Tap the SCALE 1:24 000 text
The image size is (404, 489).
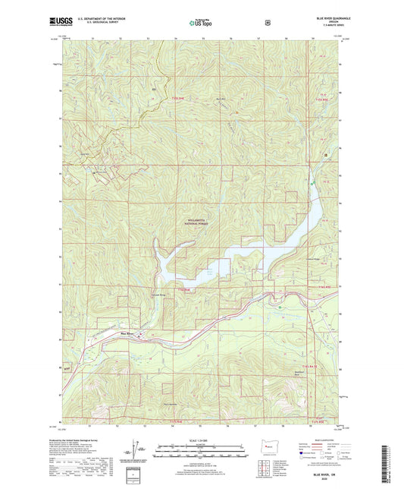(x=201, y=440)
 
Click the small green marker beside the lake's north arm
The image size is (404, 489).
(x=311, y=184)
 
